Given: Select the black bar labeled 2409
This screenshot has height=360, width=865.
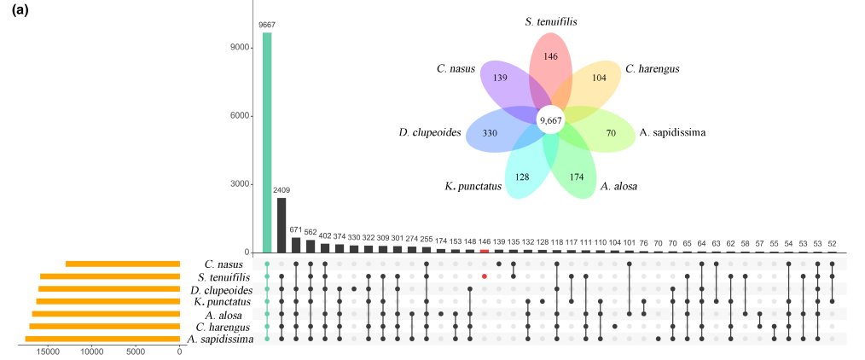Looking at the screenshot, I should [282, 225].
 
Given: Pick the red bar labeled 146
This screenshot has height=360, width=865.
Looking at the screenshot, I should [485, 251].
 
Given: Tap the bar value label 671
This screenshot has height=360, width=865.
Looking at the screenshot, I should [296, 229].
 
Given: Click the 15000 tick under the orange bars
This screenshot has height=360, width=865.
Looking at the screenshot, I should [47, 351].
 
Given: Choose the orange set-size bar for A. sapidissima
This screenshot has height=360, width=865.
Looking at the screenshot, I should [102, 339].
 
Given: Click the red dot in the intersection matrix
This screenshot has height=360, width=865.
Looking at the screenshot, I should [485, 276].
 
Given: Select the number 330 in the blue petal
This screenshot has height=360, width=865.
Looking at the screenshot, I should [490, 134].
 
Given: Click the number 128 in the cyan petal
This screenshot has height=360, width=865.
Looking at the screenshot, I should [522, 177].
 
